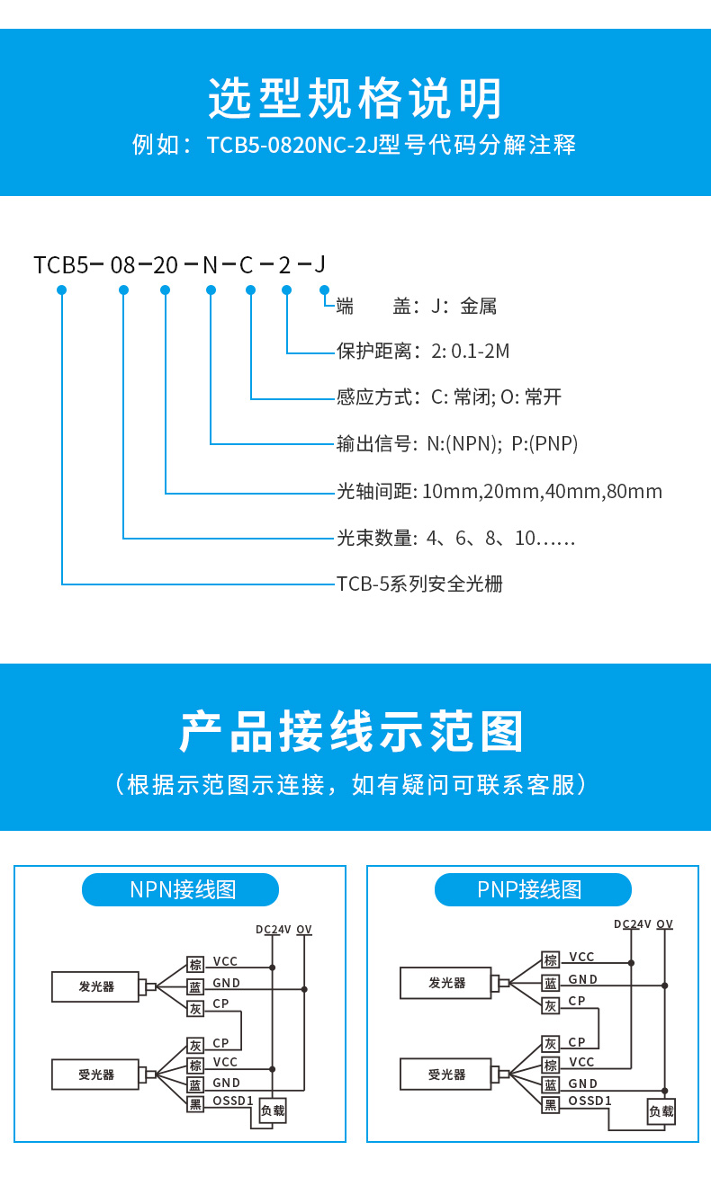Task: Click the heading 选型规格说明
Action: point(355,99)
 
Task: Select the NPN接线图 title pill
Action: point(181,890)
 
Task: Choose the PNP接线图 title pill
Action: point(533,890)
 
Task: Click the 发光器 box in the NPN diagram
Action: point(95,986)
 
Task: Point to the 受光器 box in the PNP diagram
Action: point(446,1074)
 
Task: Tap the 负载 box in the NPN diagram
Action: point(272,1110)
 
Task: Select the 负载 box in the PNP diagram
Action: point(661,1111)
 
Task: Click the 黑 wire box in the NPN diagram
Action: point(195,1103)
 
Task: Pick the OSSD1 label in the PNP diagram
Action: point(589,1101)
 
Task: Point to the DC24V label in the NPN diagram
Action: point(273,930)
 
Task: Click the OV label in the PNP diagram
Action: point(664,924)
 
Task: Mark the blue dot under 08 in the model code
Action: point(123,290)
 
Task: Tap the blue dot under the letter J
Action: point(324,290)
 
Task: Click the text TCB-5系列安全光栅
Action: point(419,584)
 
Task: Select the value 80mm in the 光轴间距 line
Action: point(634,492)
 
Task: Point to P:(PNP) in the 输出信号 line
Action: point(544,443)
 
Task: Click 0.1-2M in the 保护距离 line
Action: point(480,352)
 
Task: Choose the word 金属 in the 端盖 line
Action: point(478,307)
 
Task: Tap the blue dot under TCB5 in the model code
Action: point(62,290)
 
